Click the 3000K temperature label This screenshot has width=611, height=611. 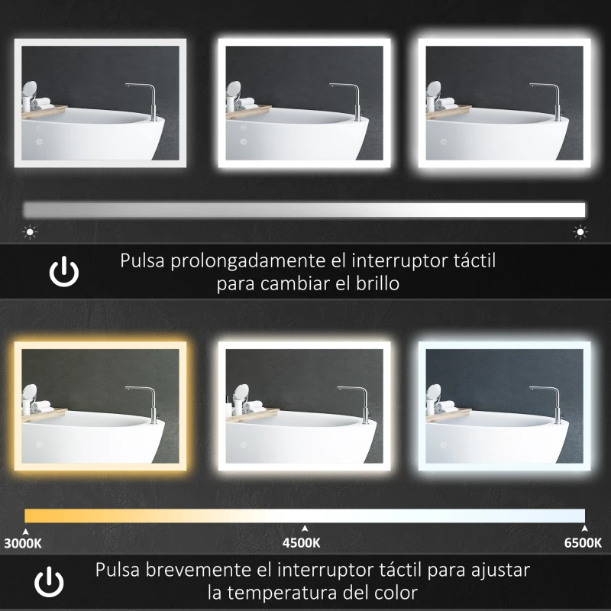click(x=23, y=543)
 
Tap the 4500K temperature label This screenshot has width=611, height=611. click(x=301, y=542)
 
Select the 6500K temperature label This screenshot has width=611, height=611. click(x=583, y=542)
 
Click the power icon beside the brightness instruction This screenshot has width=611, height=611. click(x=64, y=273)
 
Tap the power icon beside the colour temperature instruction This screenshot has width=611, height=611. click(x=49, y=582)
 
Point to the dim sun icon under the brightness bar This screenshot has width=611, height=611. click(x=30, y=232)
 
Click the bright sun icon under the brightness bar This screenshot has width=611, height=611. click(x=580, y=232)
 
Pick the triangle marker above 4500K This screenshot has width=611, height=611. click(x=305, y=529)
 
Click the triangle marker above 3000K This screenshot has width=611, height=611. click(x=26, y=532)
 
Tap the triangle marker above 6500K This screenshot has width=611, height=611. click(x=584, y=529)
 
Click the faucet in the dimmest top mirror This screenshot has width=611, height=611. click(x=148, y=102)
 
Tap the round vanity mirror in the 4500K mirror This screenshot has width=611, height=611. click(x=241, y=392)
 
